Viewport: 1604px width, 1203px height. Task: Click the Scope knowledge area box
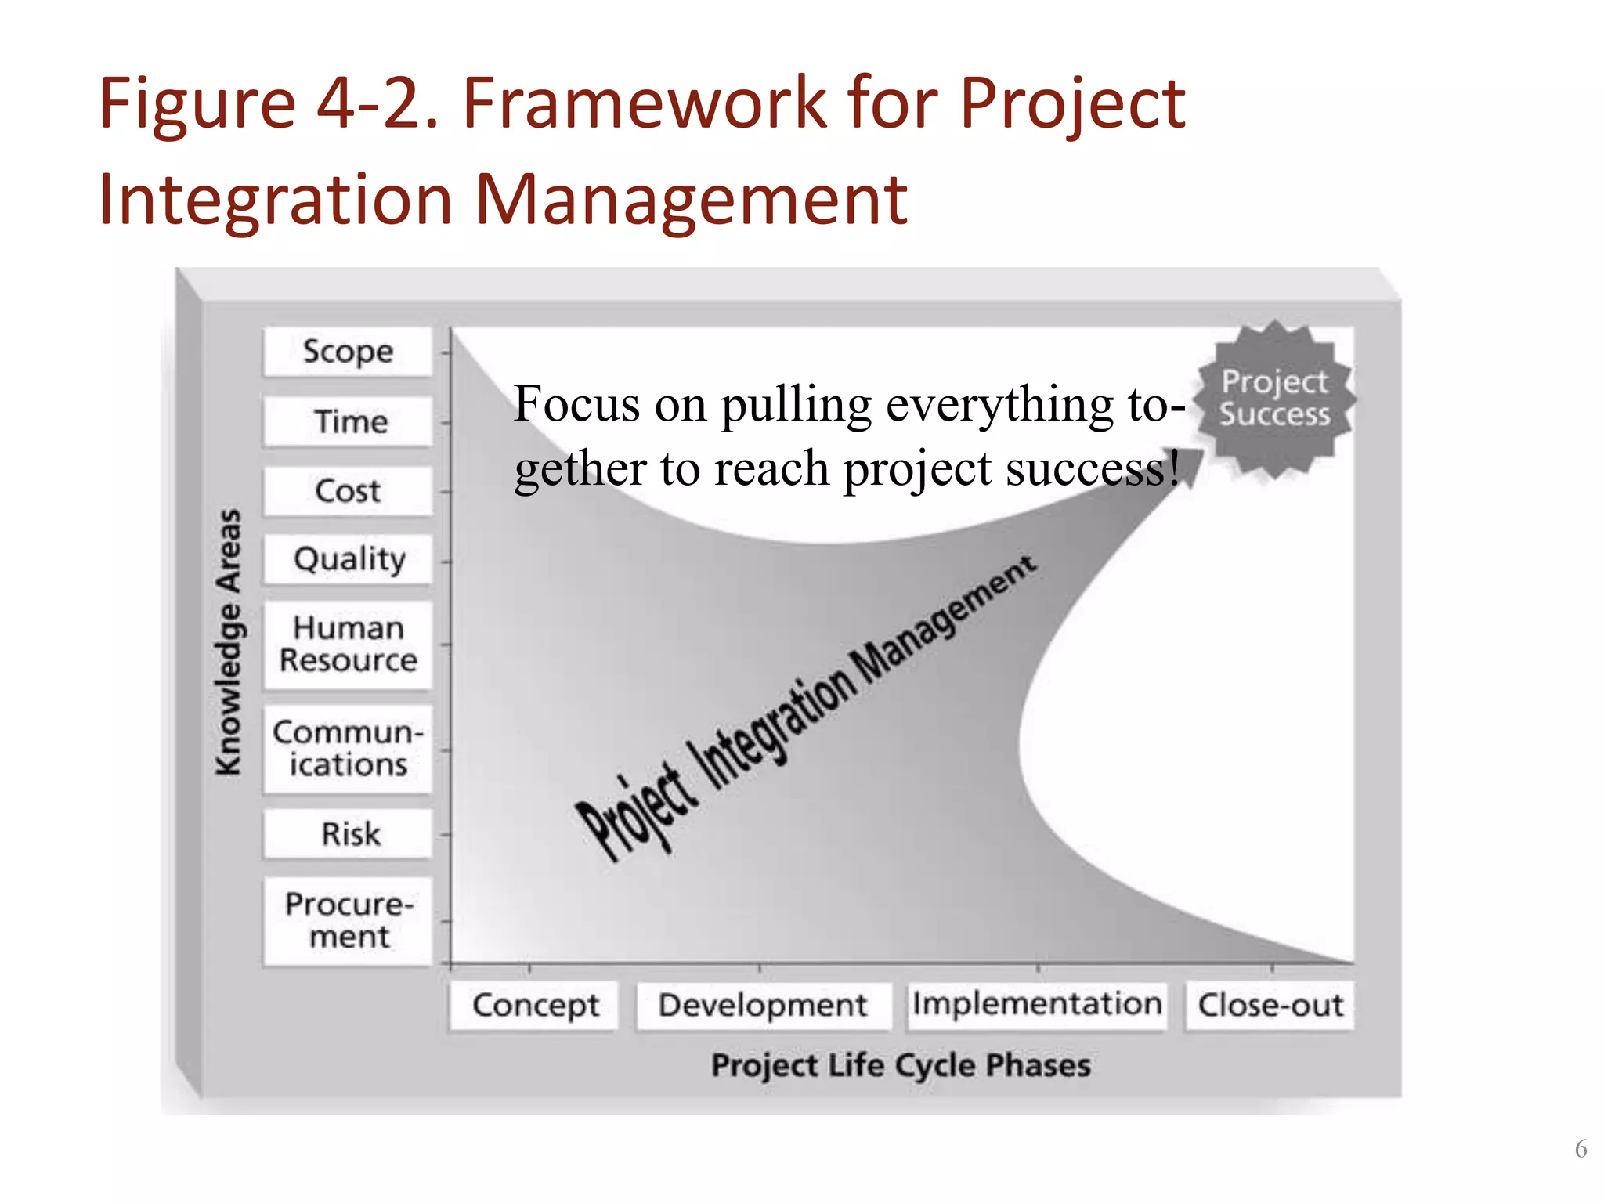pyautogui.click(x=348, y=352)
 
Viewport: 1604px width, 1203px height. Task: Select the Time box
pyautogui.click(x=348, y=421)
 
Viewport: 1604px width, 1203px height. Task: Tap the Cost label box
pyautogui.click(x=348, y=491)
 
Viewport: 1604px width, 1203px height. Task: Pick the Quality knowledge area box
pyautogui.click(x=348, y=559)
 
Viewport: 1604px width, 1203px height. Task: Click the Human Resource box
pyautogui.click(x=348, y=645)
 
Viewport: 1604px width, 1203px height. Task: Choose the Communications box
pyautogui.click(x=348, y=749)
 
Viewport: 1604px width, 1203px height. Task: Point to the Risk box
pyautogui.click(x=348, y=834)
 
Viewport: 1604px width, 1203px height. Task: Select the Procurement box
pyautogui.click(x=348, y=921)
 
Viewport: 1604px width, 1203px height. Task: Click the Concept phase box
pyautogui.click(x=534, y=1006)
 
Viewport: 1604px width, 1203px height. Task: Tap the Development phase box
pyautogui.click(x=763, y=1006)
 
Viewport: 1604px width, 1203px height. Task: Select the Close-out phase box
pyautogui.click(x=1270, y=1006)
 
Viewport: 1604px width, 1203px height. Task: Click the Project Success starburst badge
pyautogui.click(x=1274, y=399)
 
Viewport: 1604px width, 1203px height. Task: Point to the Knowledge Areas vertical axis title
pyautogui.click(x=229, y=642)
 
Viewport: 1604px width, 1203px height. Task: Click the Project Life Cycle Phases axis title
pyautogui.click(x=901, y=1066)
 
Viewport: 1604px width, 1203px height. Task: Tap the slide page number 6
pyautogui.click(x=1581, y=1149)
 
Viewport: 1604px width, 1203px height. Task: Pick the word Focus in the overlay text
pyautogui.click(x=576, y=405)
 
